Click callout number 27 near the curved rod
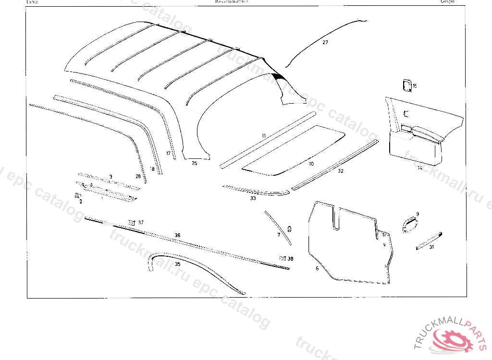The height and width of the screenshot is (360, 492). (x=325, y=43)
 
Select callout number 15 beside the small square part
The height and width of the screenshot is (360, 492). (x=415, y=86)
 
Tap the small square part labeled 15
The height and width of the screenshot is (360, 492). (x=405, y=85)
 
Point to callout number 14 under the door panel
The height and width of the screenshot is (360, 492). (x=419, y=168)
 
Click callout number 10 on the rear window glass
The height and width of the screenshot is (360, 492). (x=311, y=164)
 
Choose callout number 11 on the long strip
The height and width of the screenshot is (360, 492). (x=264, y=136)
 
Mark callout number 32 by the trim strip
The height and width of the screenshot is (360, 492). (x=341, y=171)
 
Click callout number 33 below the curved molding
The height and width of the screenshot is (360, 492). (x=253, y=198)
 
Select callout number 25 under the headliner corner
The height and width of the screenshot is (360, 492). (x=194, y=163)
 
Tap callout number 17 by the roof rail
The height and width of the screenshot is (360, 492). (x=168, y=154)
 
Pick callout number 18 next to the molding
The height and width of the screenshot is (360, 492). (x=152, y=169)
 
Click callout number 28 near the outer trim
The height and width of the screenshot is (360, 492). (x=138, y=177)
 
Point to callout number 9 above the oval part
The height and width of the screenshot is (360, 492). (x=418, y=214)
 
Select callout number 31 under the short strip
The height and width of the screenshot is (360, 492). (x=431, y=247)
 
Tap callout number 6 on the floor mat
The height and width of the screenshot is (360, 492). (x=317, y=268)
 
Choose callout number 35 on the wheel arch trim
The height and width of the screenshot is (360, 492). (x=177, y=264)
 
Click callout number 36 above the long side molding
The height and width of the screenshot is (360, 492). (x=177, y=235)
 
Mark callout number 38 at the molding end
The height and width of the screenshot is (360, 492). (x=290, y=259)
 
